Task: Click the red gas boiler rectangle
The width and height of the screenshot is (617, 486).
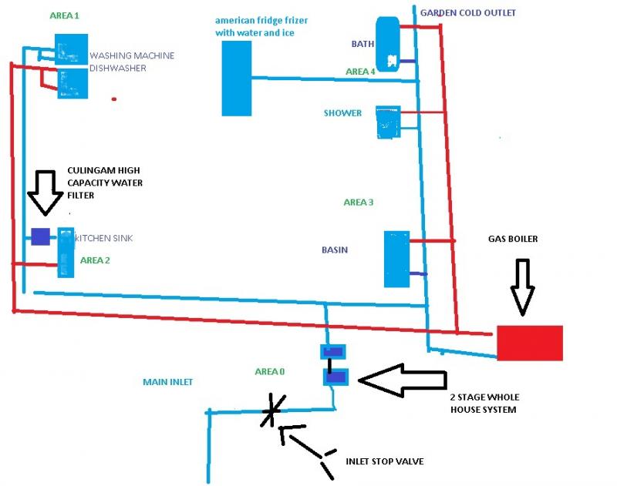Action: (529, 343)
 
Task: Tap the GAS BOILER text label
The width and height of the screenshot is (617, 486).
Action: (513, 240)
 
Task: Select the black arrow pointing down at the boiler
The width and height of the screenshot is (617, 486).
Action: (522, 286)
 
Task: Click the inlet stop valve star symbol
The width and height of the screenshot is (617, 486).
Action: (271, 411)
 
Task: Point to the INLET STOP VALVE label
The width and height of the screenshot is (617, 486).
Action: (384, 461)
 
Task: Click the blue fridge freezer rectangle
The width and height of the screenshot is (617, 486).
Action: (236, 79)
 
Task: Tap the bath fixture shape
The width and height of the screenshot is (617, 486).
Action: (387, 43)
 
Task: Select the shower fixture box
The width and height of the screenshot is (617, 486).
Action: (387, 122)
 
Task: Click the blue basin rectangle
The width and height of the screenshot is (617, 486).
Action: (396, 259)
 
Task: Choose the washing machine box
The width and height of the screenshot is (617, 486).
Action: (70, 49)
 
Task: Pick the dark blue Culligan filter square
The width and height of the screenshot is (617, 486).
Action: (40, 236)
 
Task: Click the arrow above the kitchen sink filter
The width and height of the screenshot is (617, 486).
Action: (44, 191)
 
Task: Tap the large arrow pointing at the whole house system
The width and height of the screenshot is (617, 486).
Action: (402, 379)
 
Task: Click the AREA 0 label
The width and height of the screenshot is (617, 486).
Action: (270, 372)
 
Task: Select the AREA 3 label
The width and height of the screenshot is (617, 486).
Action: (359, 203)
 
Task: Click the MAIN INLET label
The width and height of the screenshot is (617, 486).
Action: (167, 382)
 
